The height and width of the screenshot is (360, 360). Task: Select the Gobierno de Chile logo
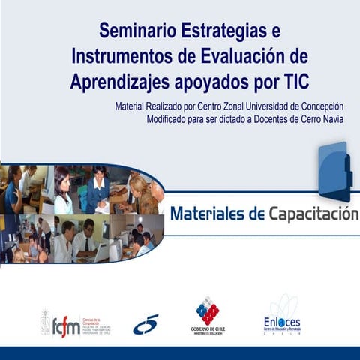click(x=208, y=315)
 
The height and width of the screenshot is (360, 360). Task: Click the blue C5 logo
click(x=146, y=325)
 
